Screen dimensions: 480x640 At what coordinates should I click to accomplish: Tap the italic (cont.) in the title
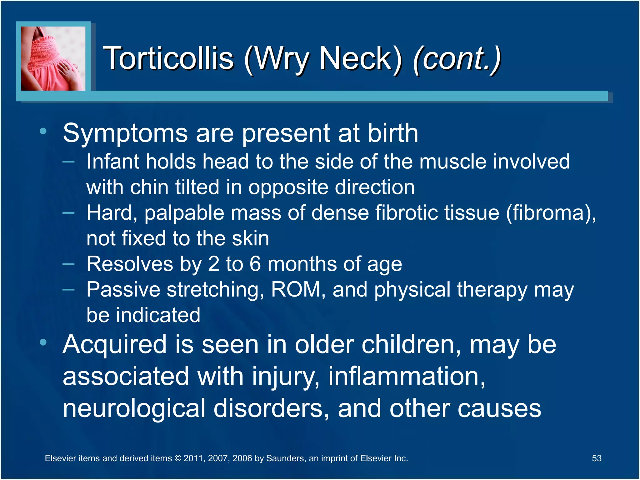[x=457, y=59]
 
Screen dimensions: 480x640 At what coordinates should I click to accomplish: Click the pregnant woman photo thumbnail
[x=53, y=58]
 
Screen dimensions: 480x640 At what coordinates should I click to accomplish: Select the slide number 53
[x=597, y=458]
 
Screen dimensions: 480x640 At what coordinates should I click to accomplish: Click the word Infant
[x=112, y=162]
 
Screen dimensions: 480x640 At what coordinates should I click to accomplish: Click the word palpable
[x=184, y=213]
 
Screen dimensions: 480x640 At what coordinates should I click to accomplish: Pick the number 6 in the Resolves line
[x=255, y=264]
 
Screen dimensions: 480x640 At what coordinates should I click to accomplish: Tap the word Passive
[x=123, y=289]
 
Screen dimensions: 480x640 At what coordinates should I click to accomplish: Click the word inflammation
[x=406, y=377]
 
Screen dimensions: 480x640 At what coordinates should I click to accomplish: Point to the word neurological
[x=134, y=408]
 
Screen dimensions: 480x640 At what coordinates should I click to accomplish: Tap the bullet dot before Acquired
[x=43, y=342]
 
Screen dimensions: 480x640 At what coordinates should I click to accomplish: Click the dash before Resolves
[x=68, y=264]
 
